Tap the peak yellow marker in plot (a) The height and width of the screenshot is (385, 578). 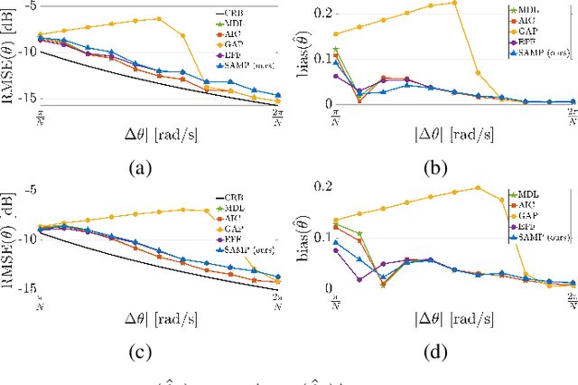pyautogui.click(x=159, y=18)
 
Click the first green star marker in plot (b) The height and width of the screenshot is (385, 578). pyautogui.click(x=336, y=50)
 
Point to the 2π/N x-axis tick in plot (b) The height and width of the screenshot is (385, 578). pyautogui.click(x=572, y=115)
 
